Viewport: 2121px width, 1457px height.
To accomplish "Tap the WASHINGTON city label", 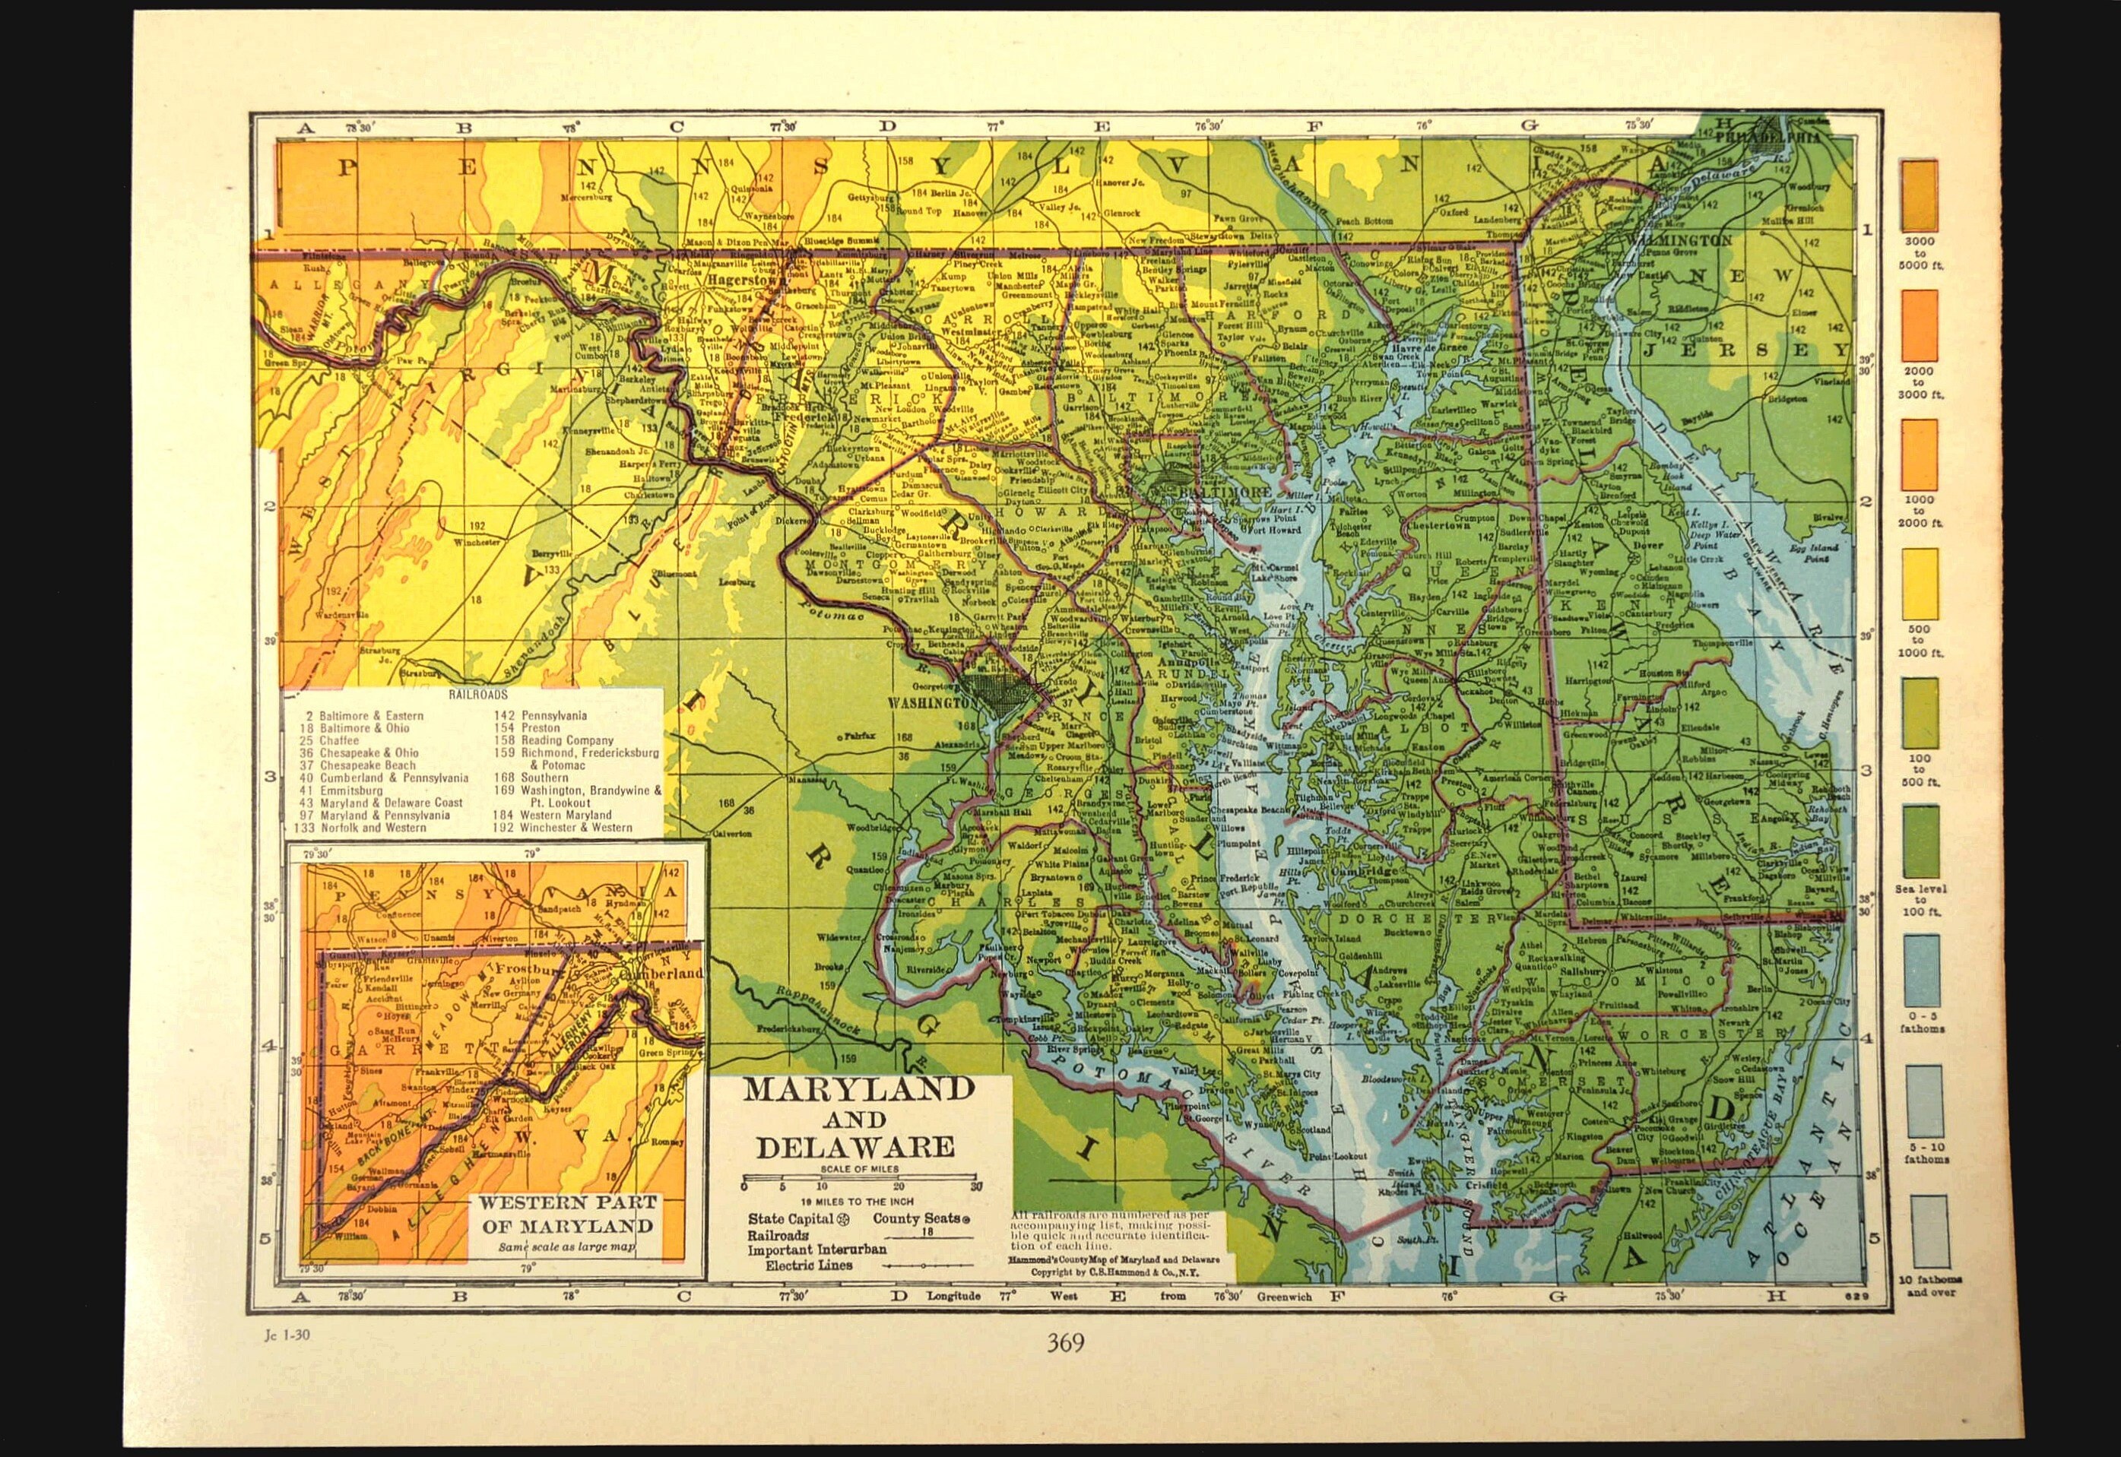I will point(925,704).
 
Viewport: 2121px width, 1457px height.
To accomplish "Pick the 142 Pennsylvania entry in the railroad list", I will point(541,717).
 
